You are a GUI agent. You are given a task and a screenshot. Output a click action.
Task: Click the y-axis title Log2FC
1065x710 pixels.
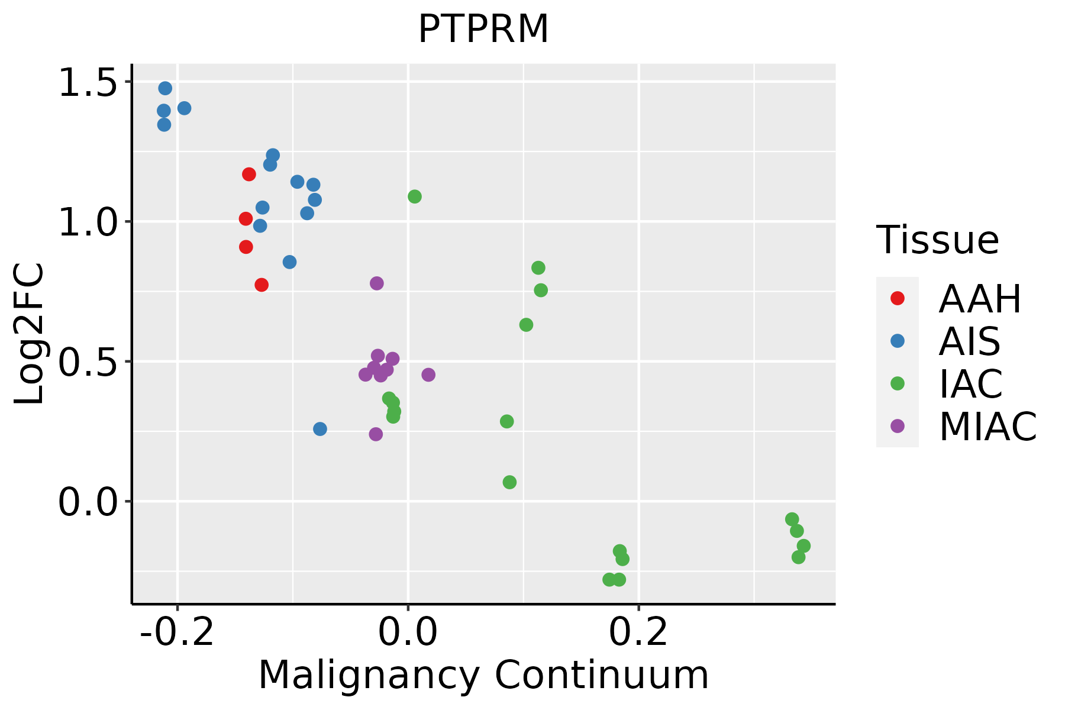(x=30, y=334)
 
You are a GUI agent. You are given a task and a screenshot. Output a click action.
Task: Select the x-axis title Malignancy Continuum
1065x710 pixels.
(x=483, y=675)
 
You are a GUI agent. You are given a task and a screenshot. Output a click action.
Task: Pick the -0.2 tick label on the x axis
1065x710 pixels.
(x=177, y=632)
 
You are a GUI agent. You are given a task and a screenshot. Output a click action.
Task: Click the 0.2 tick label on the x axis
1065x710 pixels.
(x=638, y=632)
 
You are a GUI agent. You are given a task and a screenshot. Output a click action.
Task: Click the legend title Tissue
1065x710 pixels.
(x=938, y=240)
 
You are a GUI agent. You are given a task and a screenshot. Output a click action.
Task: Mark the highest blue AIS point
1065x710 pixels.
(x=165, y=88)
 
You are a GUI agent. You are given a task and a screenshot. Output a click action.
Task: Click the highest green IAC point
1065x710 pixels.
(x=415, y=196)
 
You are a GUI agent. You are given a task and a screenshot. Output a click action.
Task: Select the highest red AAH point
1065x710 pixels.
(x=249, y=174)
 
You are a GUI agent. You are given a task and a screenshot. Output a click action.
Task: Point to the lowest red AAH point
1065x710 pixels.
(x=262, y=285)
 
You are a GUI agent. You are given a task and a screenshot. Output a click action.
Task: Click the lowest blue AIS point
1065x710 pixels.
(x=320, y=429)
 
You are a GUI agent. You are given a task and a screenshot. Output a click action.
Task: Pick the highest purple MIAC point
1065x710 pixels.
(x=377, y=283)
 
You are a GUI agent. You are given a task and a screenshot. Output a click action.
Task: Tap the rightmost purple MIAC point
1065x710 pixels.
(x=428, y=375)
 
